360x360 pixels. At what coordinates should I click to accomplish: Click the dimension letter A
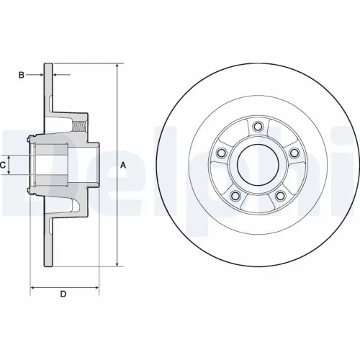[123, 165]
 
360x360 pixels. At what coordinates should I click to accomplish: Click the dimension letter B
[21, 74]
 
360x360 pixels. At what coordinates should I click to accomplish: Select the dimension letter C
[4, 165]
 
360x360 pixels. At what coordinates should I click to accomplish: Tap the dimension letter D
[63, 294]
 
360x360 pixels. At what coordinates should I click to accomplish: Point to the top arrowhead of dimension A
[116, 66]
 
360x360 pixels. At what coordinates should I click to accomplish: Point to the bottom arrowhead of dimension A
[116, 265]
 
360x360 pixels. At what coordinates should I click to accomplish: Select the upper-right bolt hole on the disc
[294, 153]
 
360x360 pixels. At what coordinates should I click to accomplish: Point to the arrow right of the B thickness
[59, 74]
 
